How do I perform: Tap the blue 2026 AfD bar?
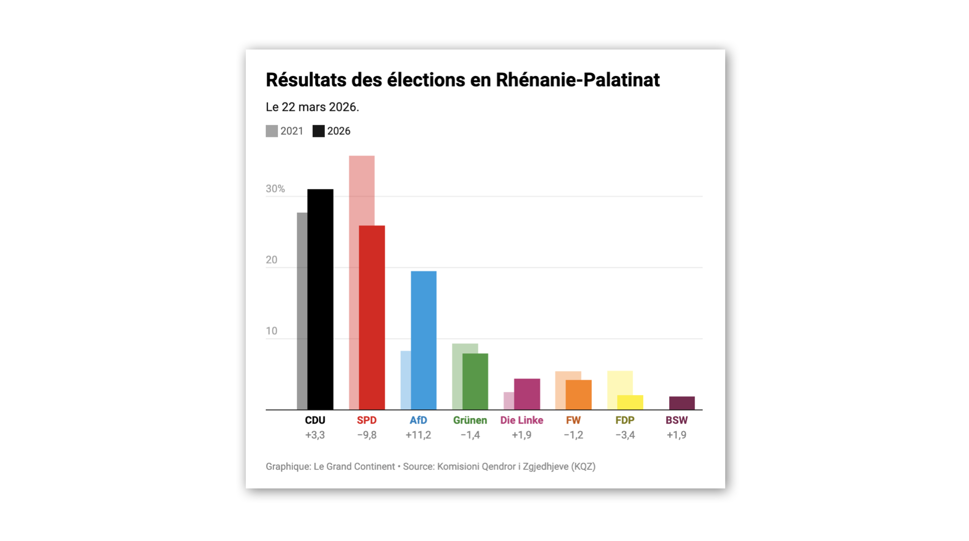423,340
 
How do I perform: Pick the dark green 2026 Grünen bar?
475,381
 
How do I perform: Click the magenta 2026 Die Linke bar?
527,394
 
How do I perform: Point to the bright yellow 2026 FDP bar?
630,402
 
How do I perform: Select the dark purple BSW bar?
681,403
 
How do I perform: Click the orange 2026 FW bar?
578,395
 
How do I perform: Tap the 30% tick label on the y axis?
275,189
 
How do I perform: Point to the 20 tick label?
271,260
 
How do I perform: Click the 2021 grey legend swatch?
272,131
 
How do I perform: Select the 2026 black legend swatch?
319,131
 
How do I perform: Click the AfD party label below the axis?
418,420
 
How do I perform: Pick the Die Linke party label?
521,420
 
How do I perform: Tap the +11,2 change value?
418,435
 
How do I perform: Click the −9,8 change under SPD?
367,435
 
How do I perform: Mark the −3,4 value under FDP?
625,435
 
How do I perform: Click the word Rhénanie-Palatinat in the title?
577,80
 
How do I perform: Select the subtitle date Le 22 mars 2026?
312,107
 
